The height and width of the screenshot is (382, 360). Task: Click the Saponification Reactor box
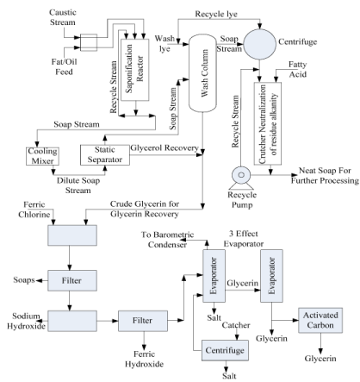click(135, 70)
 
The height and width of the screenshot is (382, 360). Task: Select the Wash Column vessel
click(202, 73)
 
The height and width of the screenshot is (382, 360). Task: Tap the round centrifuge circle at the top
click(259, 44)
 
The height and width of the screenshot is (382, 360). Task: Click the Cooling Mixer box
click(42, 156)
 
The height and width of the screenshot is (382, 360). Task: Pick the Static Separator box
click(105, 155)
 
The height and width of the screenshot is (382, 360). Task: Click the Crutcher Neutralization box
click(268, 123)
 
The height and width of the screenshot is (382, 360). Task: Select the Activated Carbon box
click(320, 320)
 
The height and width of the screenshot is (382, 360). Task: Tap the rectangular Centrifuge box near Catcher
click(225, 350)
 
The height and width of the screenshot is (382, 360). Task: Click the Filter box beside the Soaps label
click(72, 280)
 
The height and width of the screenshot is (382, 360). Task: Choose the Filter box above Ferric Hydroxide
click(143, 321)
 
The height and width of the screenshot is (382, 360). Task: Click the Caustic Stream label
click(63, 17)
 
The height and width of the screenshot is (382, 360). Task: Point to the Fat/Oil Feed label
click(64, 66)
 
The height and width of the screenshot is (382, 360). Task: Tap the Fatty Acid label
click(298, 69)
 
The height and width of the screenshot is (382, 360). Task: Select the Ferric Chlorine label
click(34, 210)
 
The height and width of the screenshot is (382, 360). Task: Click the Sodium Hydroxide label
click(26, 321)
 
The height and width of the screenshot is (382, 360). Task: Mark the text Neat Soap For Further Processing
click(325, 176)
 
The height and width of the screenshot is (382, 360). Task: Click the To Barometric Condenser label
click(168, 240)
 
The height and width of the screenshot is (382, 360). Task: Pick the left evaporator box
click(214, 276)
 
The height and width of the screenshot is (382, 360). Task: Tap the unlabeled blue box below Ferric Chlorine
click(72, 235)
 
